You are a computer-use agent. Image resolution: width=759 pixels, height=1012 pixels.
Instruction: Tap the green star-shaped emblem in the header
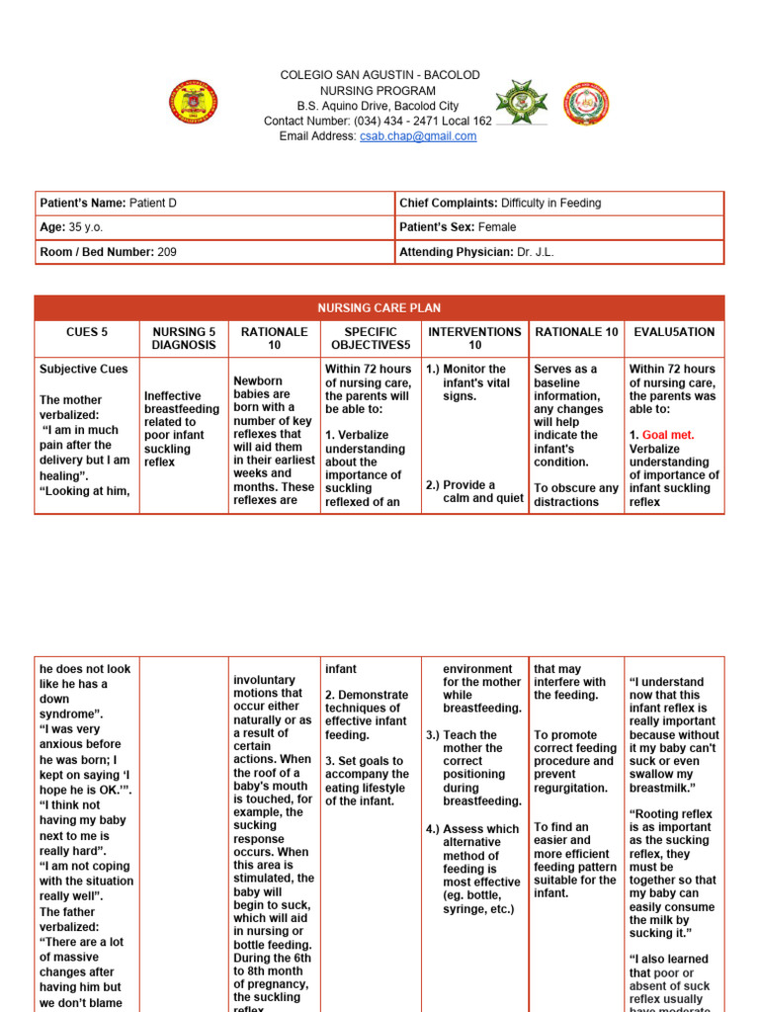(520, 102)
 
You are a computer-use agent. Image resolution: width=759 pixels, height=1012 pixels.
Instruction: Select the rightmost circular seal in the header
(586, 105)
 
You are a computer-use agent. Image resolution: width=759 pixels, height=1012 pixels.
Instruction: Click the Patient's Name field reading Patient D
(214, 203)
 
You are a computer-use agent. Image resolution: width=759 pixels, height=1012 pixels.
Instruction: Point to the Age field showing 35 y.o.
(214, 227)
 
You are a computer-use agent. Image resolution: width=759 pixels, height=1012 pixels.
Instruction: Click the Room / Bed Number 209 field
(214, 252)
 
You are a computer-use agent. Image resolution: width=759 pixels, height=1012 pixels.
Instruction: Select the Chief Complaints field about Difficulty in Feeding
(559, 203)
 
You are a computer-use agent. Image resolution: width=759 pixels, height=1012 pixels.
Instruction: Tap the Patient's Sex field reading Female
(559, 227)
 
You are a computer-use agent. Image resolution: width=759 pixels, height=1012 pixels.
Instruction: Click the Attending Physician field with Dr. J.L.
(559, 252)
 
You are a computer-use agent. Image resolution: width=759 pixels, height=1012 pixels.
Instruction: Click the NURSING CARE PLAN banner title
(379, 307)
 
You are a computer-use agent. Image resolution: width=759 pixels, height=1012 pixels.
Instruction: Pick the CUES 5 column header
(87, 332)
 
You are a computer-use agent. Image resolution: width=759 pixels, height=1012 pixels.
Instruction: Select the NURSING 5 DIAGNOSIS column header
(183, 339)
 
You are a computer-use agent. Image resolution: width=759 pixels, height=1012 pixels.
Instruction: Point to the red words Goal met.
(670, 435)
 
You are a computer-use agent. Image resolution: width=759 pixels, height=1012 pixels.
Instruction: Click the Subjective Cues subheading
(84, 370)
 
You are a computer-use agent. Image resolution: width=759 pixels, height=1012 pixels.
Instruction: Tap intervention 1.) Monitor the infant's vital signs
(471, 382)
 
